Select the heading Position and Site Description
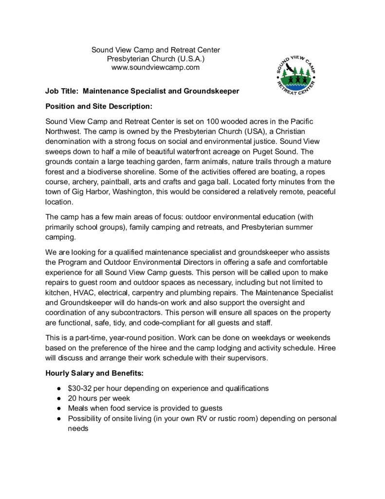pos(99,106)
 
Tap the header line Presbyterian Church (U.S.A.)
pos(156,59)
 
